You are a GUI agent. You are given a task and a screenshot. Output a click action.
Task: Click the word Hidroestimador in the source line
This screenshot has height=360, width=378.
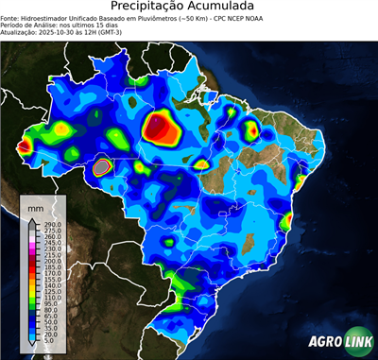point(46,17)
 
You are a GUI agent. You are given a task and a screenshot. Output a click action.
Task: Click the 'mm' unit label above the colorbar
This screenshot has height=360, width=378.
point(36,207)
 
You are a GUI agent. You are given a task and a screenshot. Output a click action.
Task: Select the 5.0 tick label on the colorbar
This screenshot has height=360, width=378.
point(48,341)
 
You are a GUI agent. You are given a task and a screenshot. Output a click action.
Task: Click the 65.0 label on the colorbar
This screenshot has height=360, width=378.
point(47,317)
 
